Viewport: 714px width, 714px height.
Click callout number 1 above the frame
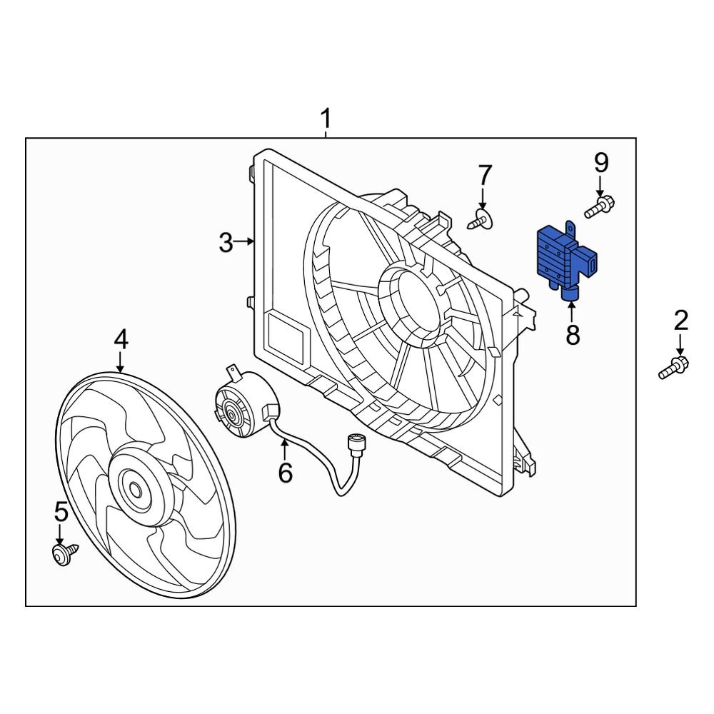click(x=326, y=118)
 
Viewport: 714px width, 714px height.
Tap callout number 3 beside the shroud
click(x=226, y=243)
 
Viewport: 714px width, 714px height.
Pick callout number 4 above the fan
click(x=121, y=339)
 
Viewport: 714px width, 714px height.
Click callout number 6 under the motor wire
click(x=285, y=472)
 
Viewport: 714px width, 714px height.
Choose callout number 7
click(x=485, y=175)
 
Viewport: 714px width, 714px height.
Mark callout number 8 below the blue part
click(x=573, y=335)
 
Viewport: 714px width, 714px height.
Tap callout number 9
click(x=601, y=164)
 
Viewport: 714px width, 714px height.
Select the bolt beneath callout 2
click(x=673, y=368)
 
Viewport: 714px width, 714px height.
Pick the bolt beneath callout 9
click(x=600, y=208)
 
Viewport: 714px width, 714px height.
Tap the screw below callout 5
click(x=64, y=553)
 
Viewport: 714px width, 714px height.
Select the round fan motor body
click(x=243, y=408)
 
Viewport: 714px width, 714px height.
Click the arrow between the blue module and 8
click(x=572, y=311)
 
